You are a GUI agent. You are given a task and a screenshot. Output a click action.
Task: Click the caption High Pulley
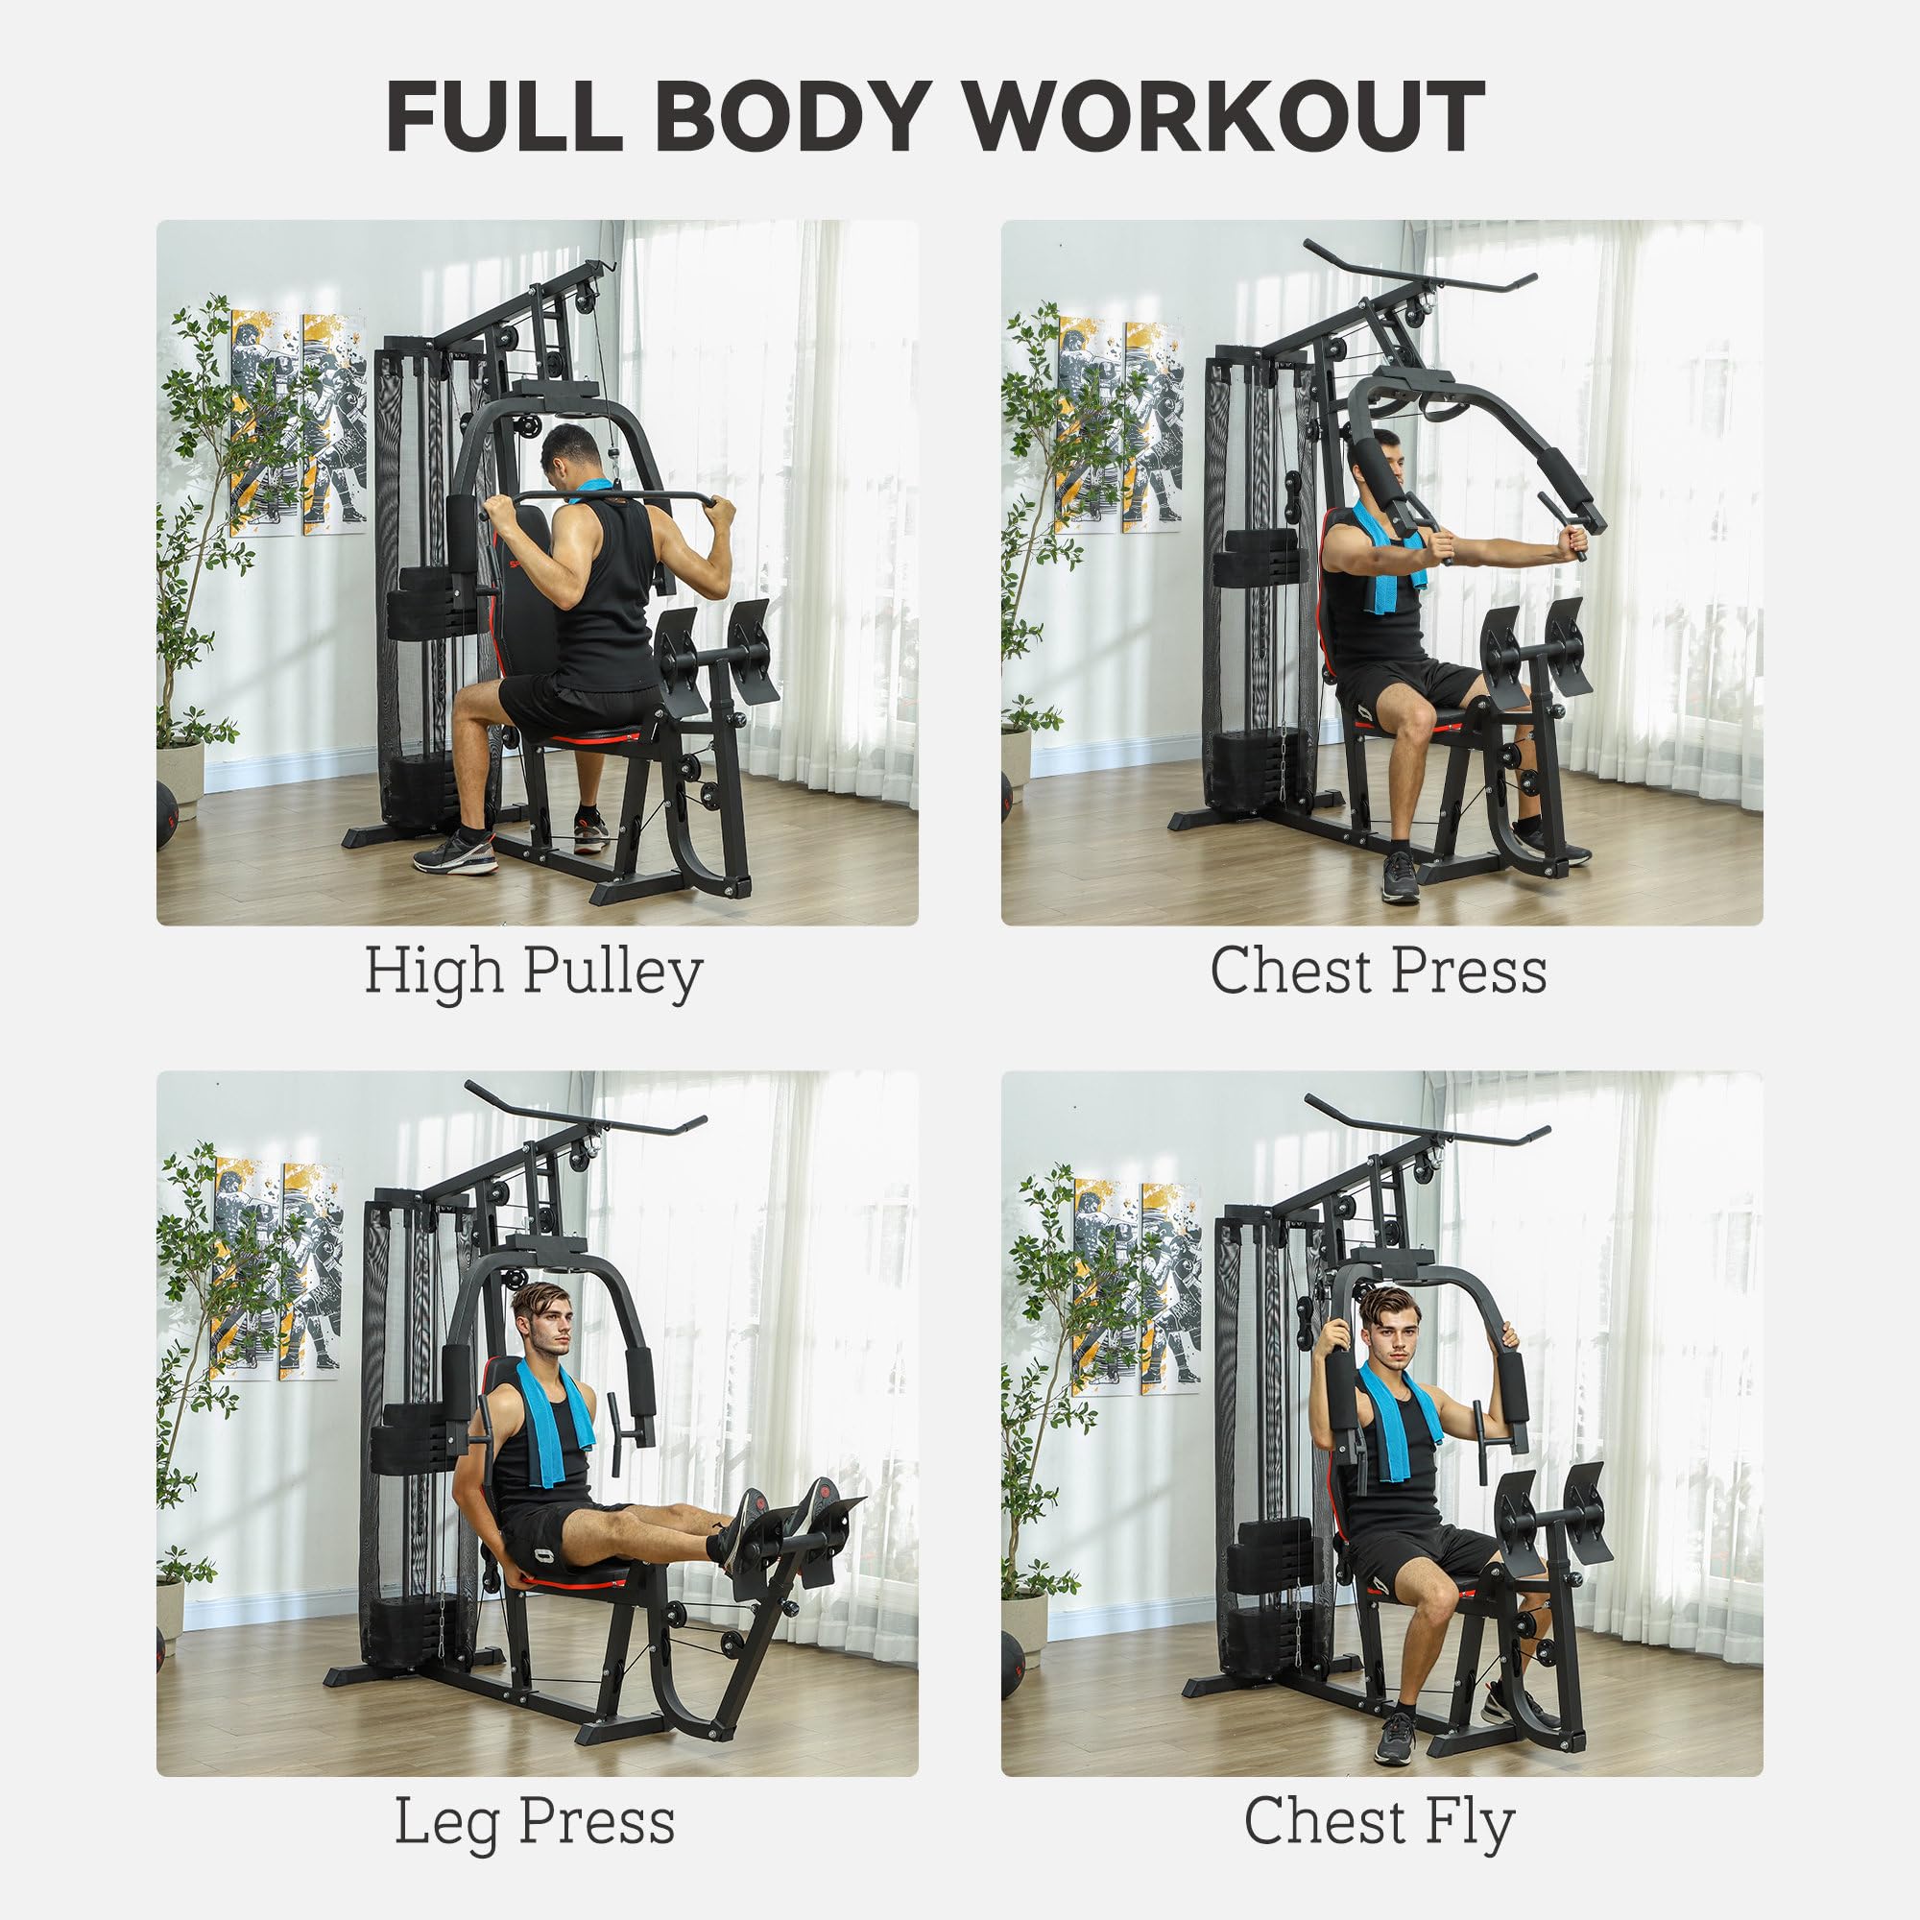tap(534, 971)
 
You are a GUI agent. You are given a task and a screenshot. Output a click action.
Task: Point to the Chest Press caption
tap(1379, 971)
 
